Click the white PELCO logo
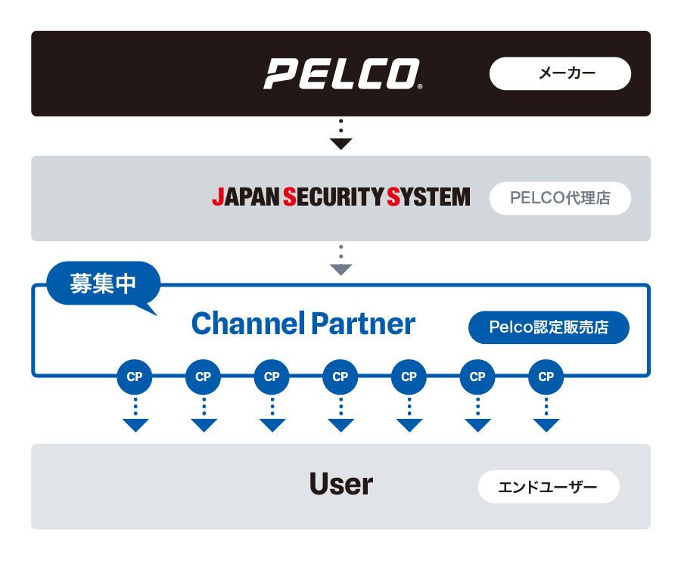[x=341, y=74]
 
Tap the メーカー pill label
[x=560, y=73]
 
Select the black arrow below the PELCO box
[x=341, y=142]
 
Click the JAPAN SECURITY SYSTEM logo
[x=340, y=198]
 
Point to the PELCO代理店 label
[x=560, y=199]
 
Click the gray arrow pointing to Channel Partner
[x=341, y=268]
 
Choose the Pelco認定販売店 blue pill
[x=549, y=327]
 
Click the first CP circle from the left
[x=135, y=377]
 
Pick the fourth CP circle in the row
[x=340, y=377]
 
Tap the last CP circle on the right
[x=546, y=377]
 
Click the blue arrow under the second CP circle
[x=204, y=424]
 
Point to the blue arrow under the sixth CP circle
[x=477, y=424]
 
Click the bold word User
[x=341, y=485]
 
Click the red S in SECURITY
[x=288, y=198]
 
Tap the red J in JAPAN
[x=218, y=198]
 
